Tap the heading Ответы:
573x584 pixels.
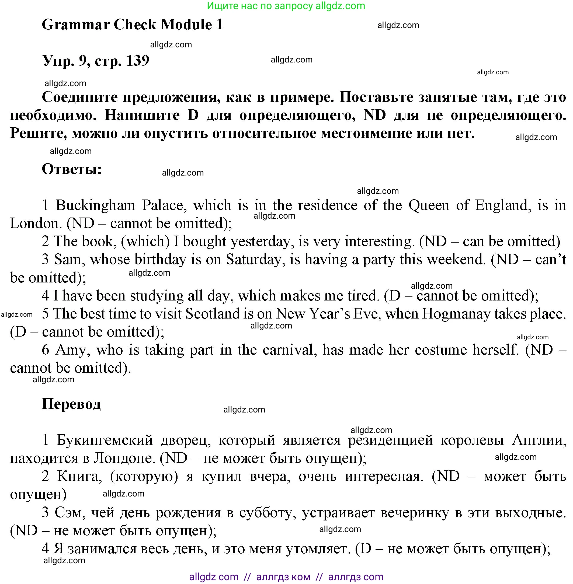(x=72, y=169)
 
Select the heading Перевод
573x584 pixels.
(x=71, y=404)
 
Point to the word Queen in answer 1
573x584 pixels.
(x=429, y=205)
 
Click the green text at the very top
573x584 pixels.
(x=286, y=6)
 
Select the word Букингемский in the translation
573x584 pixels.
(x=105, y=440)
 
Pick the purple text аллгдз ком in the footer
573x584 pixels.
(x=283, y=577)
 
